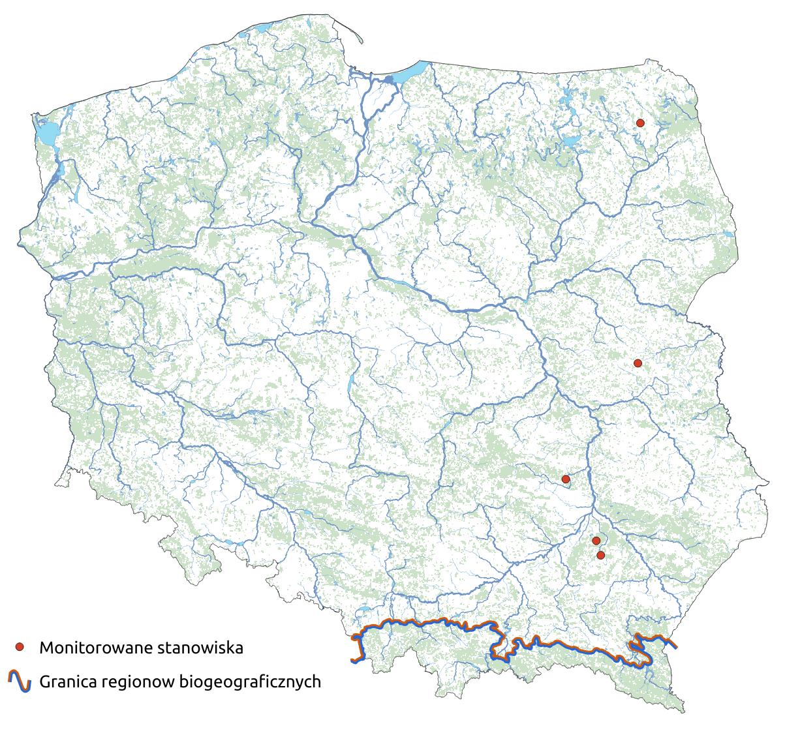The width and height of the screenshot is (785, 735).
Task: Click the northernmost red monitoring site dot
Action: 640,123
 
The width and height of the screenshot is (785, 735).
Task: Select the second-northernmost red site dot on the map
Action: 638,363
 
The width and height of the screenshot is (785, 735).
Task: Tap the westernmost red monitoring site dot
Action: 566,479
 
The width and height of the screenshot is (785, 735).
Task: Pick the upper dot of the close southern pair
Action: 596,541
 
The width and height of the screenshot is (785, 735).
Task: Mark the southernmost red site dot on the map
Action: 601,555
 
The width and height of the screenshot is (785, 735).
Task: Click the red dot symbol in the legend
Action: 20,647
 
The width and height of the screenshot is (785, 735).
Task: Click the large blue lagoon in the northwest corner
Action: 46,133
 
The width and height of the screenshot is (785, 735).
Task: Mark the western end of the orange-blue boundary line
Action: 353,661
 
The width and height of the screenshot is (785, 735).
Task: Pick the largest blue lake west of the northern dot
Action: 570,141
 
